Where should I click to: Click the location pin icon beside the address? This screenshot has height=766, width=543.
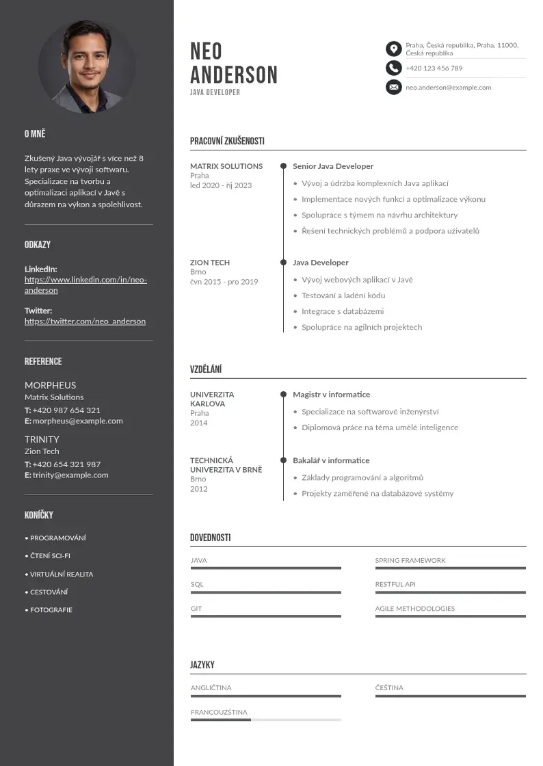pyautogui.click(x=393, y=49)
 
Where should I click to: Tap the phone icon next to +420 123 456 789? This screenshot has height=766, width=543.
pyautogui.click(x=393, y=68)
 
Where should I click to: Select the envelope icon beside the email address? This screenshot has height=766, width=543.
pyautogui.click(x=393, y=87)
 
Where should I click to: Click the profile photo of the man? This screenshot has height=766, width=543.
pyautogui.click(x=87, y=66)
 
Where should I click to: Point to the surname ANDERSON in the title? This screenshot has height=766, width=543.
pyautogui.click(x=234, y=75)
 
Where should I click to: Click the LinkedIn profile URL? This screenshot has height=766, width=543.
pyautogui.click(x=85, y=285)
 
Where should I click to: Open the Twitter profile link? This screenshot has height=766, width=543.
pyautogui.click(x=85, y=321)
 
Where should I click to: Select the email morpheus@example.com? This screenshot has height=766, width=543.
pyautogui.click(x=77, y=421)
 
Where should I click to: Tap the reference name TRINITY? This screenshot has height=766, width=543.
pyautogui.click(x=42, y=439)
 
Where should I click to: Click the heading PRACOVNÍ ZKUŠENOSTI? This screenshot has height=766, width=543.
pyautogui.click(x=227, y=142)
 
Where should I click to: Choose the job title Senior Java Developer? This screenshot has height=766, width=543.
pyautogui.click(x=333, y=166)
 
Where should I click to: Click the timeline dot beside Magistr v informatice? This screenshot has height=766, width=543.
pyautogui.click(x=283, y=395)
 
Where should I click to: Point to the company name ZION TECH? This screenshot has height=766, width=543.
pyautogui.click(x=210, y=263)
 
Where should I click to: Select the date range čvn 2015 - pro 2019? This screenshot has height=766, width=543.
pyautogui.click(x=224, y=282)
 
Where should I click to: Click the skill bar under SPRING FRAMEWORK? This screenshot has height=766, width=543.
pyautogui.click(x=450, y=568)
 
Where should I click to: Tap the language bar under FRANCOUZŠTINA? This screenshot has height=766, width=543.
pyautogui.click(x=265, y=719)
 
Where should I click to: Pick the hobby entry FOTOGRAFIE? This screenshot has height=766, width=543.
pyautogui.click(x=51, y=610)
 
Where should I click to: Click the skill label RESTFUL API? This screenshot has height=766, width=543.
pyautogui.click(x=395, y=585)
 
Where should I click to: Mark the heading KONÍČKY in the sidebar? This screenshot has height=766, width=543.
pyautogui.click(x=38, y=515)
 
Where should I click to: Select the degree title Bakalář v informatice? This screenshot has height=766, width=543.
pyautogui.click(x=331, y=460)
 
